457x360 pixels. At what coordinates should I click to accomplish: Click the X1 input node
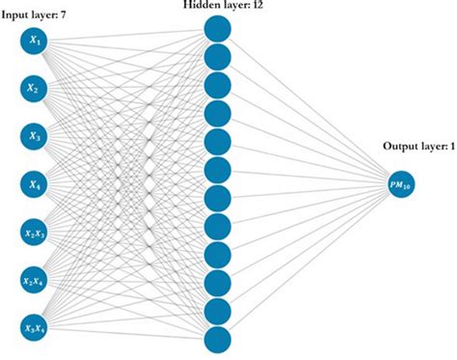point(34,42)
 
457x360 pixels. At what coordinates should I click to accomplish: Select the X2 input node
point(34,90)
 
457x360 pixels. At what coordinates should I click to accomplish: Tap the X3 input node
point(34,137)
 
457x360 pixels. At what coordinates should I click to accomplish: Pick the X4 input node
point(34,184)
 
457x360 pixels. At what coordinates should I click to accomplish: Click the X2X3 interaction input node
point(34,232)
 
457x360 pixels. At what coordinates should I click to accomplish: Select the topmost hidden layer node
point(218,29)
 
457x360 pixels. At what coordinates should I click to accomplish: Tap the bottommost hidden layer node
point(218,339)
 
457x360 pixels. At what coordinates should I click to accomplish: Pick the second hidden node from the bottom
point(218,311)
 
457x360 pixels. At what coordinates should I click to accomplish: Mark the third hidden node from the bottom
point(218,283)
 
